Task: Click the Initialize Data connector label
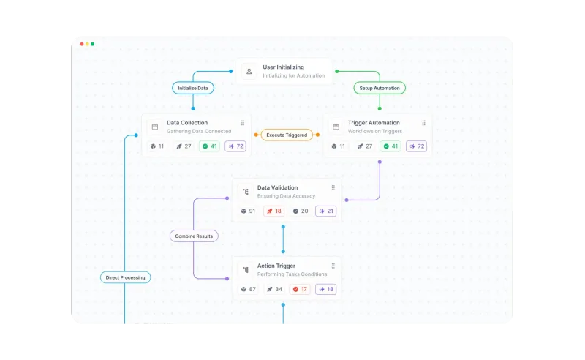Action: [193, 88]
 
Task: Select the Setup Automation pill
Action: [380, 88]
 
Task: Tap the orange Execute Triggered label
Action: [287, 135]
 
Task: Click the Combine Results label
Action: [194, 236]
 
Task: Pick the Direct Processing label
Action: [125, 277]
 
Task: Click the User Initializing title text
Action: [283, 67]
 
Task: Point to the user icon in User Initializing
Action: [249, 71]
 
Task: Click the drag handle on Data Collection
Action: [243, 123]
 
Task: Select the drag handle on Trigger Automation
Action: [423, 123]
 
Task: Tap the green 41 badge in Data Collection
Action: [209, 146]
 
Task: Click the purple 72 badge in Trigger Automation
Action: [416, 146]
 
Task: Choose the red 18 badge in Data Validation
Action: [273, 211]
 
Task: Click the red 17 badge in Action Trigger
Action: [300, 289]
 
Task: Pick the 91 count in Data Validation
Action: [248, 211]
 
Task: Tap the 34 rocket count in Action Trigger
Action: [274, 289]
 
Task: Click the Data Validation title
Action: [278, 187]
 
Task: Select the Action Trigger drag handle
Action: [333, 266]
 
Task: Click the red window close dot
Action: [82, 44]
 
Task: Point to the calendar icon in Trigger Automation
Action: [336, 127]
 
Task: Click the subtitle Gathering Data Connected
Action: [199, 131]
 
